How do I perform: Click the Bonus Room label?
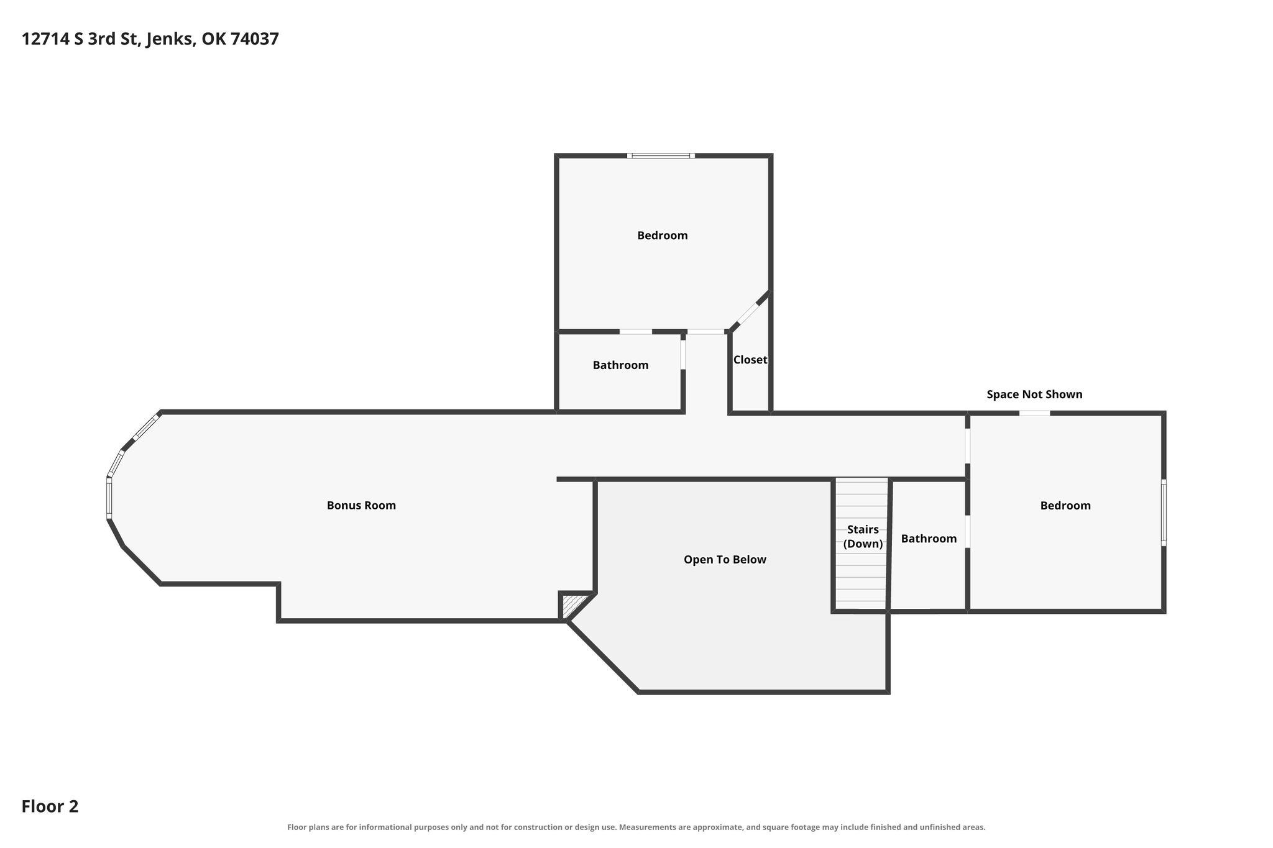point(361,505)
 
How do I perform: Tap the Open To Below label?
point(725,560)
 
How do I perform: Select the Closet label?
point(750,360)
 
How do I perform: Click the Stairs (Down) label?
point(863,537)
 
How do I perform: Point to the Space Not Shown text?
point(1034,394)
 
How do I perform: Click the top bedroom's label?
point(663,235)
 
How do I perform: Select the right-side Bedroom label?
point(1065,506)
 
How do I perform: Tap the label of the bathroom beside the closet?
point(620,365)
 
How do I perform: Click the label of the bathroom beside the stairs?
point(929,539)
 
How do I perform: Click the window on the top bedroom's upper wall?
point(660,155)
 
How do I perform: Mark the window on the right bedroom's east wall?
point(1164,513)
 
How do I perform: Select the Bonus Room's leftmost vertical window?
point(109,498)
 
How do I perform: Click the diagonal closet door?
point(747,314)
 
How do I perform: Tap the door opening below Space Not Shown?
point(1034,413)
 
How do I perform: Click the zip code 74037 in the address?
point(255,39)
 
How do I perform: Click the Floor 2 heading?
point(50,806)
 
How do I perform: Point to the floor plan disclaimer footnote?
point(636,827)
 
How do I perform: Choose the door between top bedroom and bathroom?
point(636,332)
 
